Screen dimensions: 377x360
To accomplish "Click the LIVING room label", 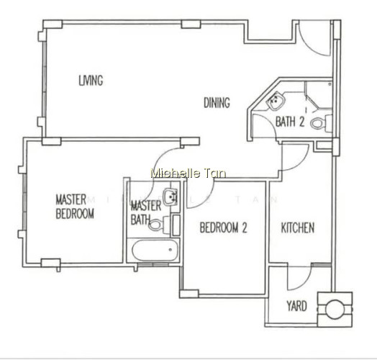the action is (x=91, y=81).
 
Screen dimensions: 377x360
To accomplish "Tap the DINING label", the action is (x=217, y=102).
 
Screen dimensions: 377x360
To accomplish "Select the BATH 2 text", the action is (x=290, y=122).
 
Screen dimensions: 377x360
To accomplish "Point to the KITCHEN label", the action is (x=298, y=228).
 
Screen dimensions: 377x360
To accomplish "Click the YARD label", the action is (x=296, y=306).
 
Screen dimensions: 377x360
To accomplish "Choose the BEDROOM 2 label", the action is (x=223, y=228).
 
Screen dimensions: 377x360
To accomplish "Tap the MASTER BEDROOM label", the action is (x=75, y=207).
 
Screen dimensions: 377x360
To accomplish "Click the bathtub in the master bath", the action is (x=155, y=251).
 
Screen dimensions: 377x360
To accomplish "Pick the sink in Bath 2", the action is (x=276, y=101).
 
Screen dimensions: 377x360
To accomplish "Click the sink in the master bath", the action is (x=171, y=197).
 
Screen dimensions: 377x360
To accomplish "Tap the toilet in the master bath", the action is (x=159, y=225).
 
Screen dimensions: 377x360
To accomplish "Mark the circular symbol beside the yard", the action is (x=335, y=309).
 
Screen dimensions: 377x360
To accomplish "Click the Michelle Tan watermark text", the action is (x=188, y=173).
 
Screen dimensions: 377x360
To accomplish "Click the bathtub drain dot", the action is (x=171, y=250).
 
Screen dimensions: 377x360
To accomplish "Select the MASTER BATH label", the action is (x=146, y=212).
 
